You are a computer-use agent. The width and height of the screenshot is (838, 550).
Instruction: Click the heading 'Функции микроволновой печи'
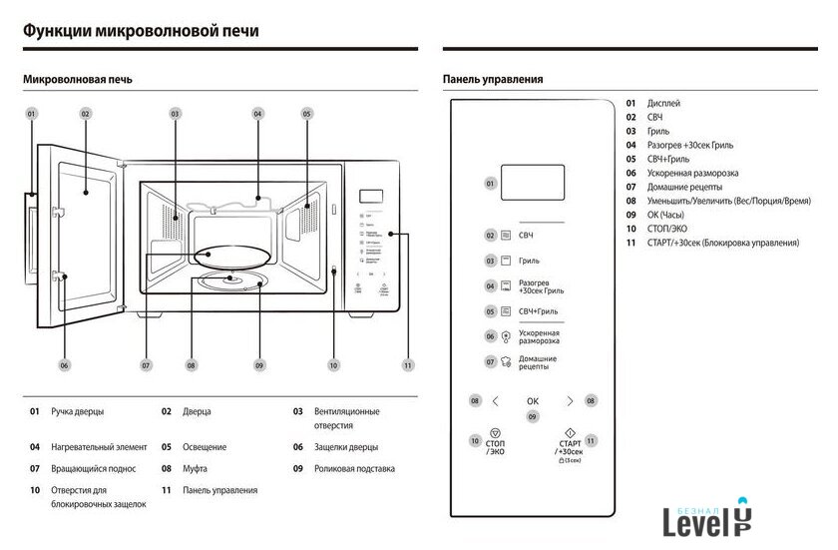[x=141, y=31]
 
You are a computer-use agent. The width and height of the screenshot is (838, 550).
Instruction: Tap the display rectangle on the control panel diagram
[x=532, y=183]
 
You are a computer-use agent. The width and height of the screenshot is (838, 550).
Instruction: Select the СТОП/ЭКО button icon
[x=496, y=435]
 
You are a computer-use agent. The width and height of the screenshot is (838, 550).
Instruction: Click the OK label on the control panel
[x=533, y=401]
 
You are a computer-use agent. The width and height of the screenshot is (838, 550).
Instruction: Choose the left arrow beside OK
[x=496, y=401]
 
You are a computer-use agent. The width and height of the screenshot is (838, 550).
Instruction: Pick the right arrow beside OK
[x=570, y=401]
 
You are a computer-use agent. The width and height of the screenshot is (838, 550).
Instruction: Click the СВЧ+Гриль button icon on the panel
[x=506, y=311]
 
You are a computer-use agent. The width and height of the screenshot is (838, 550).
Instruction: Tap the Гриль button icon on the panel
[x=506, y=261]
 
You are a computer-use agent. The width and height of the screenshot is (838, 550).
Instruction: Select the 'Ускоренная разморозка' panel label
[x=539, y=336]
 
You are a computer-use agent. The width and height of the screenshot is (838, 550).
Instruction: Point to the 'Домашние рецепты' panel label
[x=538, y=362]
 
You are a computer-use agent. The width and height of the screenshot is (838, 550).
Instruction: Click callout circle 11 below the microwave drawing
[x=407, y=365]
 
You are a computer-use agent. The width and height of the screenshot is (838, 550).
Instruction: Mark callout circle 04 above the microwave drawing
[x=257, y=114]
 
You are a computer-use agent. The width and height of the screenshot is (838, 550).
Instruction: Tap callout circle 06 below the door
[x=65, y=365]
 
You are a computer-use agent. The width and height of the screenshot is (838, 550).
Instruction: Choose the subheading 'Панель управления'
[x=493, y=79]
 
